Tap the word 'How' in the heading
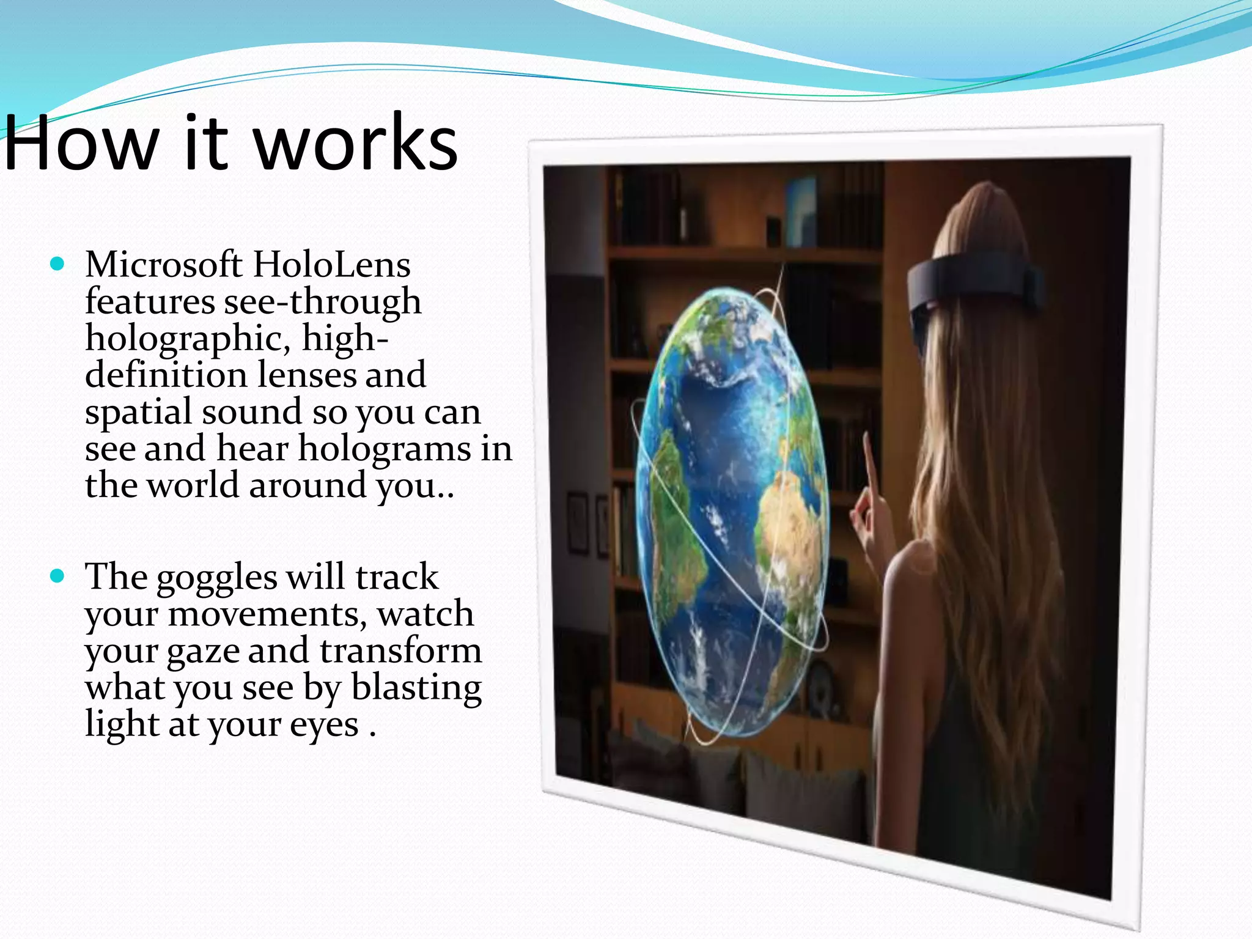pos(79,144)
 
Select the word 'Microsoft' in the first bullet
pos(164,265)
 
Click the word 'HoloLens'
pos(331,265)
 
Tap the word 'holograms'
pos(384,449)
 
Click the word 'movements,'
pos(267,614)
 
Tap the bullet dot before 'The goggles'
pos(57,576)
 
